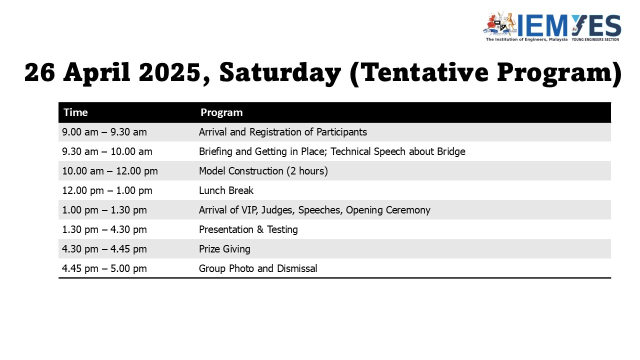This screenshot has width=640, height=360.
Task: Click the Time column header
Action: [x=75, y=112]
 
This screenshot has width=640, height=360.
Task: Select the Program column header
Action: [x=221, y=112]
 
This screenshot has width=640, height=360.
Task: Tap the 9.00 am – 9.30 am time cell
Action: [x=104, y=132]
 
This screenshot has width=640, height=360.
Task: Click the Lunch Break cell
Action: [x=226, y=190]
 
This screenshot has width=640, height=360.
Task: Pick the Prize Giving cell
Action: [x=224, y=249]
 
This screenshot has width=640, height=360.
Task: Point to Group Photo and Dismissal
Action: [x=258, y=268]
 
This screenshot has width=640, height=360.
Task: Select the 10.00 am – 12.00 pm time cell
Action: [x=110, y=171]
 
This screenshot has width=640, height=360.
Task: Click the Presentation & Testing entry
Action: [x=248, y=229]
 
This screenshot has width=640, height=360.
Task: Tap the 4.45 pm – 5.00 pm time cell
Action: [x=104, y=268]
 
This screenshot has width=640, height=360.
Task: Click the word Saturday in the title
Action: [x=280, y=73]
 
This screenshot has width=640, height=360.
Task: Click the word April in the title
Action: [x=97, y=73]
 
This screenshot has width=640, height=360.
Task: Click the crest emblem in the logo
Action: [x=500, y=24]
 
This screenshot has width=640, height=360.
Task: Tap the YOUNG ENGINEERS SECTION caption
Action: [x=595, y=39]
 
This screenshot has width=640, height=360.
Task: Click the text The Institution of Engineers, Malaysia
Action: [x=526, y=39]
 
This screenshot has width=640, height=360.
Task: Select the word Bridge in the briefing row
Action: [x=451, y=151]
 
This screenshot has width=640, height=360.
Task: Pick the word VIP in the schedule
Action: [x=250, y=210]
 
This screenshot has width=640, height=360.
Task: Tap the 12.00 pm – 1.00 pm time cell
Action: [x=107, y=190]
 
